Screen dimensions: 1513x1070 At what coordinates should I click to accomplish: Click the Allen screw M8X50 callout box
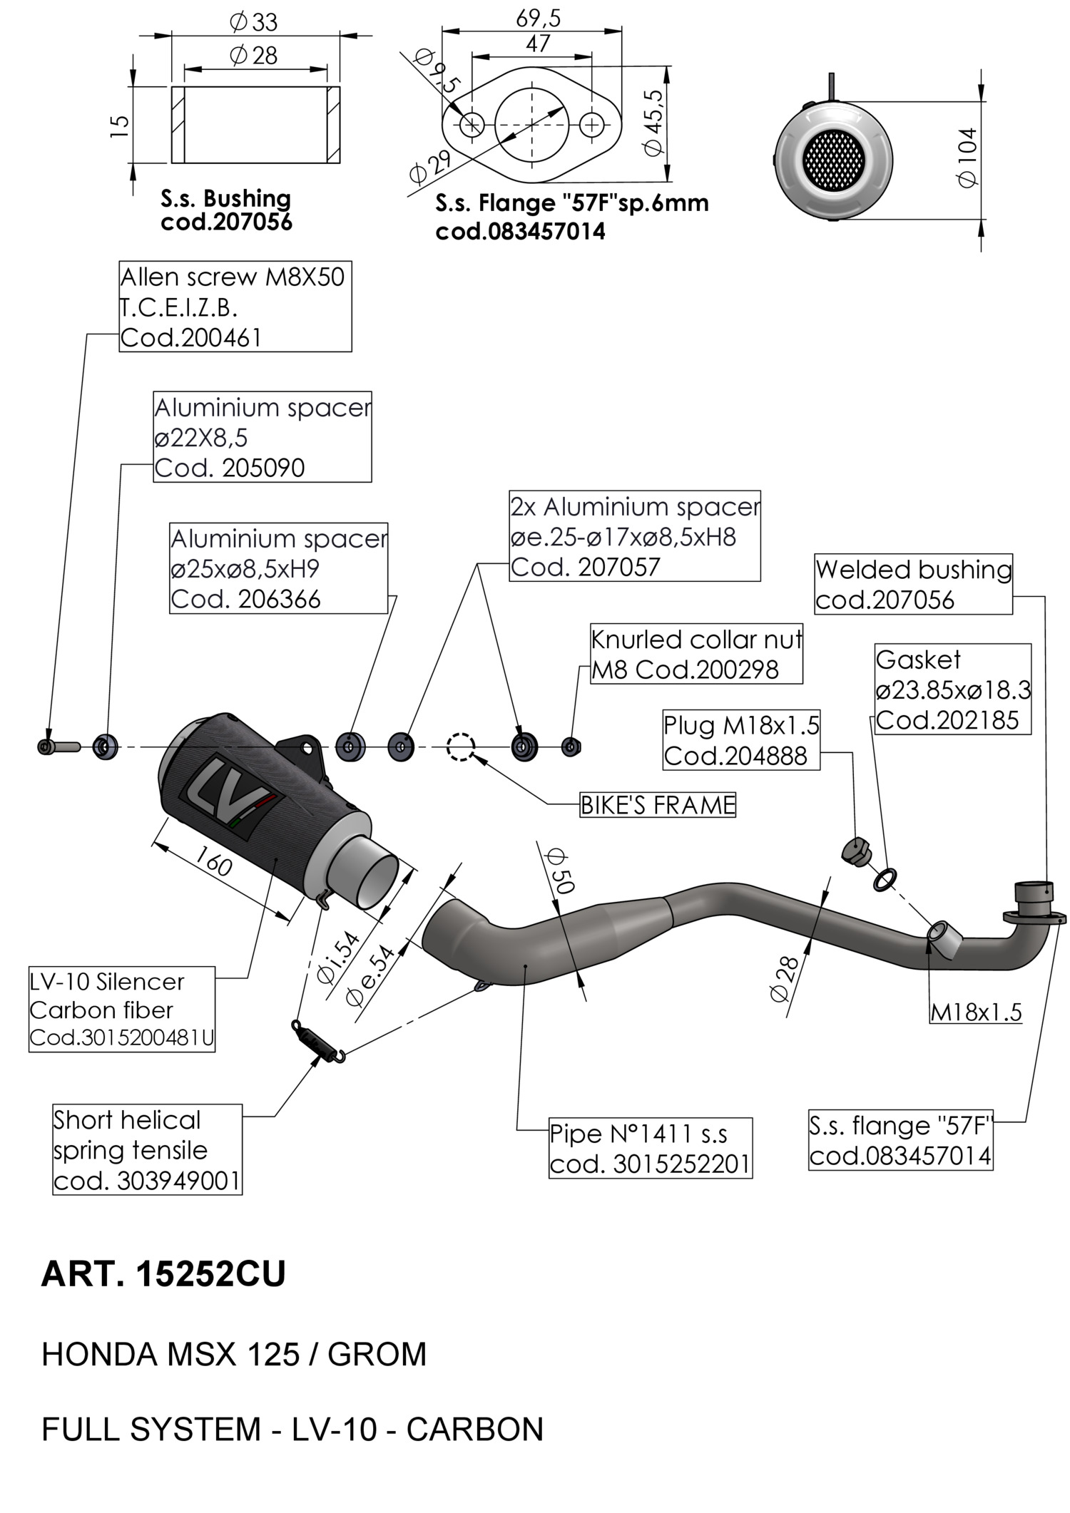[235, 307]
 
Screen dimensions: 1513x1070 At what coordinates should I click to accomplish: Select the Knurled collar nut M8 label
[696, 655]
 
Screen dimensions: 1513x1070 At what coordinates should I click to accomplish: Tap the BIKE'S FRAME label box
[657, 805]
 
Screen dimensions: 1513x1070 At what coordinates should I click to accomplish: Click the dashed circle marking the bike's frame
[461, 747]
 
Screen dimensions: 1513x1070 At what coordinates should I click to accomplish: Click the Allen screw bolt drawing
[58, 747]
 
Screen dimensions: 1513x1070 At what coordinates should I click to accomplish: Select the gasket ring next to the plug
[885, 879]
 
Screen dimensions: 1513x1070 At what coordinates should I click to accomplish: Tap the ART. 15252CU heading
[163, 1273]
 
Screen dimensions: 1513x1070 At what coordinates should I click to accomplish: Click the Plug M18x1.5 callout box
[741, 740]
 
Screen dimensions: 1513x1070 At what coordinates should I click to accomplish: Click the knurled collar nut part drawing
[571, 747]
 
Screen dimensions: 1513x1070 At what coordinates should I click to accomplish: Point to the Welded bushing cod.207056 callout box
[913, 584]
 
